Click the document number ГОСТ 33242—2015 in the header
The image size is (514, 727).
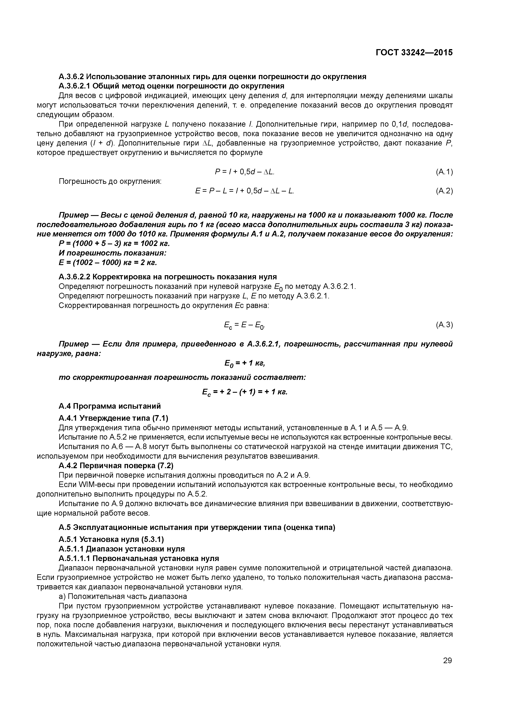414,52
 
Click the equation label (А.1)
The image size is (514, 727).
444,172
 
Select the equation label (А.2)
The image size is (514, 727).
444,191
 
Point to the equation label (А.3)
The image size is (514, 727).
444,325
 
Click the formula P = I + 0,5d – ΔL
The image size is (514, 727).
245,172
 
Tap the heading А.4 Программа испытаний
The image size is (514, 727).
110,406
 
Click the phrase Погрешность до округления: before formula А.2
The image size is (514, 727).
110,181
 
